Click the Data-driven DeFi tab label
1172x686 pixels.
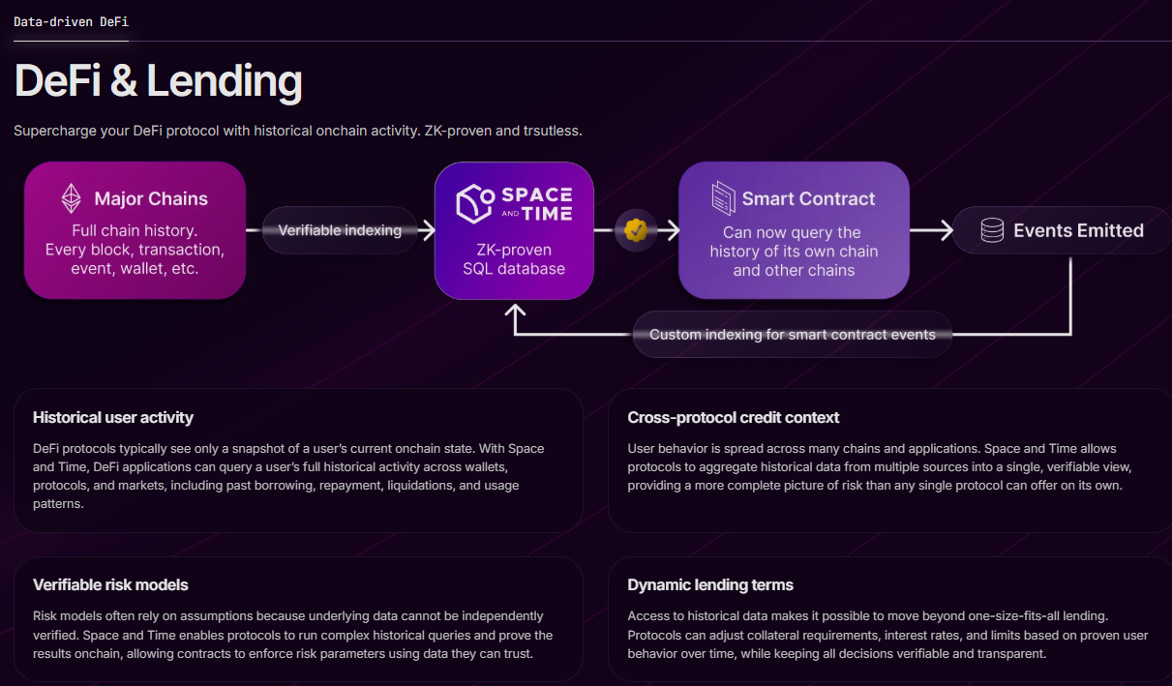click(x=71, y=21)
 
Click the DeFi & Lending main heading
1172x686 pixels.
click(x=158, y=82)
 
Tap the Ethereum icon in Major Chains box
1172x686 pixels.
click(x=72, y=198)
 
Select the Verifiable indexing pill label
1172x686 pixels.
click(x=340, y=230)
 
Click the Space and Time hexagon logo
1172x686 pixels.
click(x=475, y=204)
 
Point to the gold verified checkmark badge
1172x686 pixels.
click(x=635, y=230)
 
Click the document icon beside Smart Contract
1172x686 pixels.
click(x=723, y=197)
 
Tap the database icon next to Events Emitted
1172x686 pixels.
click(x=992, y=230)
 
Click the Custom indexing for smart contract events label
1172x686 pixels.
click(x=792, y=335)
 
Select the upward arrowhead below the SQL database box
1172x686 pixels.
click(x=515, y=311)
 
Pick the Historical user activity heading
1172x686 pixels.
click(x=113, y=418)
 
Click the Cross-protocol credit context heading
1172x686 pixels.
click(x=733, y=418)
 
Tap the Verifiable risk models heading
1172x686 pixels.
click(x=110, y=585)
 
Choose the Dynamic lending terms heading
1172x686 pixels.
click(x=709, y=585)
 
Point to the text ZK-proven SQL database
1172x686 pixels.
click(x=513, y=259)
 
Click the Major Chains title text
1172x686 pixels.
click(x=151, y=199)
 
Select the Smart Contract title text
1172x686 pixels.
click(x=808, y=199)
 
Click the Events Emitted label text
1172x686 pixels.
click(x=1078, y=230)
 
